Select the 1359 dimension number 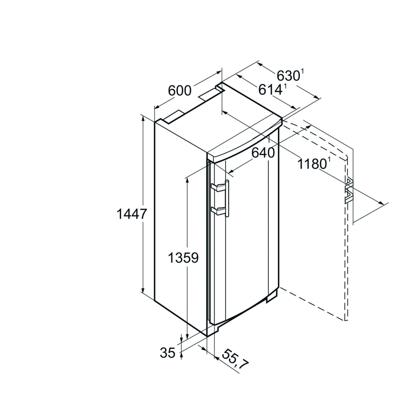pos(183,258)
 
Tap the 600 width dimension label pos(180,90)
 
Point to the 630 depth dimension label pos(288,76)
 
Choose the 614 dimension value pos(270,90)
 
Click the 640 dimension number pos(263,152)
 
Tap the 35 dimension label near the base pos(168,353)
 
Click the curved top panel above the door pos(244,145)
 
